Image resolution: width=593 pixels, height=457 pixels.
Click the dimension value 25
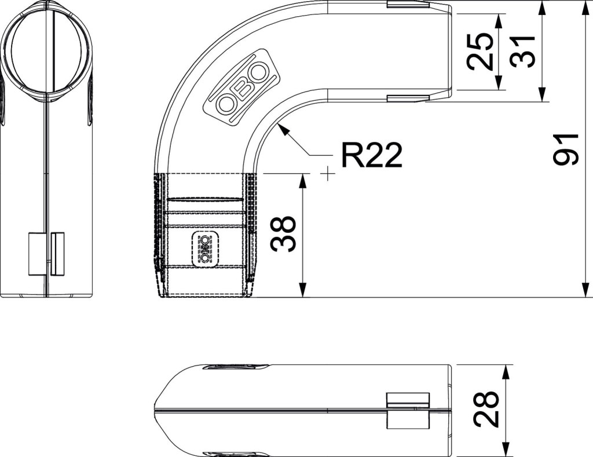click(x=480, y=52)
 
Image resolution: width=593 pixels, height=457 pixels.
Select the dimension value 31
click(x=523, y=52)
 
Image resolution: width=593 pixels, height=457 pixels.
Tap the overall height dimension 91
click(x=566, y=149)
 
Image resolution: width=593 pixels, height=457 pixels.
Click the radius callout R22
click(x=372, y=155)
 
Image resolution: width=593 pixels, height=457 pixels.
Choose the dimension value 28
click(x=486, y=409)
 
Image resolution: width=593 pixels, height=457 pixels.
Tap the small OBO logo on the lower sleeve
click(x=204, y=249)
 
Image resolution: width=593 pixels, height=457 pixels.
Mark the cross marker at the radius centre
click(x=328, y=174)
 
